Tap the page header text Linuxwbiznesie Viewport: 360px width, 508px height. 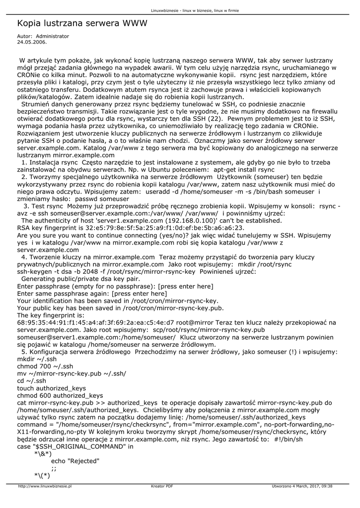pyautogui.click(x=165, y=10)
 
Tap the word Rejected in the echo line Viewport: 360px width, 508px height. pyautogui.click(x=85, y=461)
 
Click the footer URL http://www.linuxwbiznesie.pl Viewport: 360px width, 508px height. pyautogui.click(x=45, y=486)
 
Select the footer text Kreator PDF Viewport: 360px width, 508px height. pyautogui.click(x=162, y=486)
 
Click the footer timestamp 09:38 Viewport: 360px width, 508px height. pyautogui.click(x=326, y=486)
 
